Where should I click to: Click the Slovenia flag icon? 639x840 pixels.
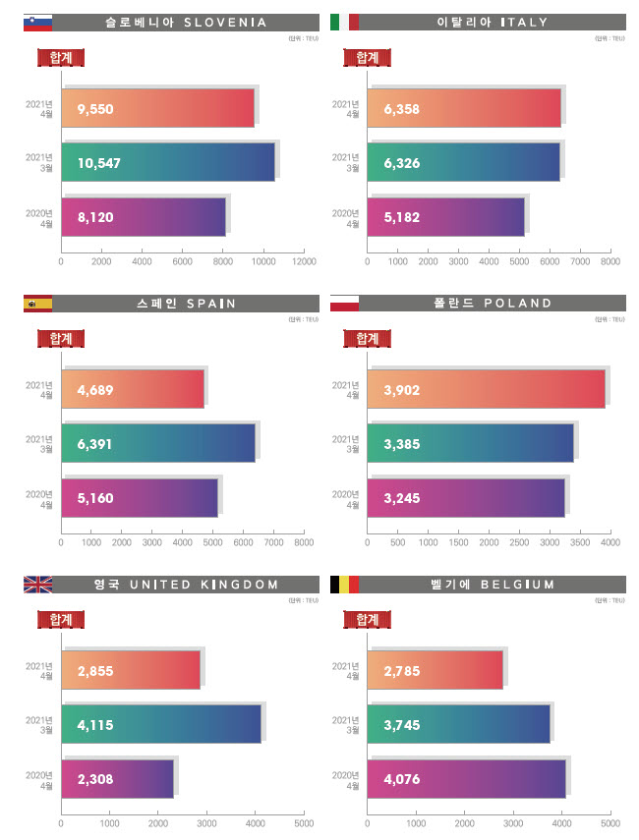pos(37,22)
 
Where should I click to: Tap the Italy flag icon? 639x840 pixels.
pos(345,22)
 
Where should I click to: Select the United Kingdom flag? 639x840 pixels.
pos(37,585)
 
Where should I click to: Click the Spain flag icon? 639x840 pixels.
pos(37,303)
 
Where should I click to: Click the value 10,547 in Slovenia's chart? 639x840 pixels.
pos(99,163)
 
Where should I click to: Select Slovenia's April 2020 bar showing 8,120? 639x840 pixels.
pos(144,217)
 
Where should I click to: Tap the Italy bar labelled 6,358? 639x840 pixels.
pos(463,108)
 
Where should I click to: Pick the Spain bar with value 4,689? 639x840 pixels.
pos(133,389)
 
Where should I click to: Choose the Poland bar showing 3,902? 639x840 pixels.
pos(486,389)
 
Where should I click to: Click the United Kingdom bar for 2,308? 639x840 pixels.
pos(117,779)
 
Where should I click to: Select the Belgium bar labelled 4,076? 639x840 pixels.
pos(466,779)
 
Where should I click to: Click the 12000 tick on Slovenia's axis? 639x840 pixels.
pos(305,262)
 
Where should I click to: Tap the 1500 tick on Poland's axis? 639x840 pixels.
pos(458,543)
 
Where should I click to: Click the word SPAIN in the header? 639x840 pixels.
pos(210,304)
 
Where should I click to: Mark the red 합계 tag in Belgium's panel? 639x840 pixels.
pos(368,620)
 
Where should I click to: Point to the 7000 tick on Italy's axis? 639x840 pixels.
pos(580,262)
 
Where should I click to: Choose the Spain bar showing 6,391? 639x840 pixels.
pos(158,443)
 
